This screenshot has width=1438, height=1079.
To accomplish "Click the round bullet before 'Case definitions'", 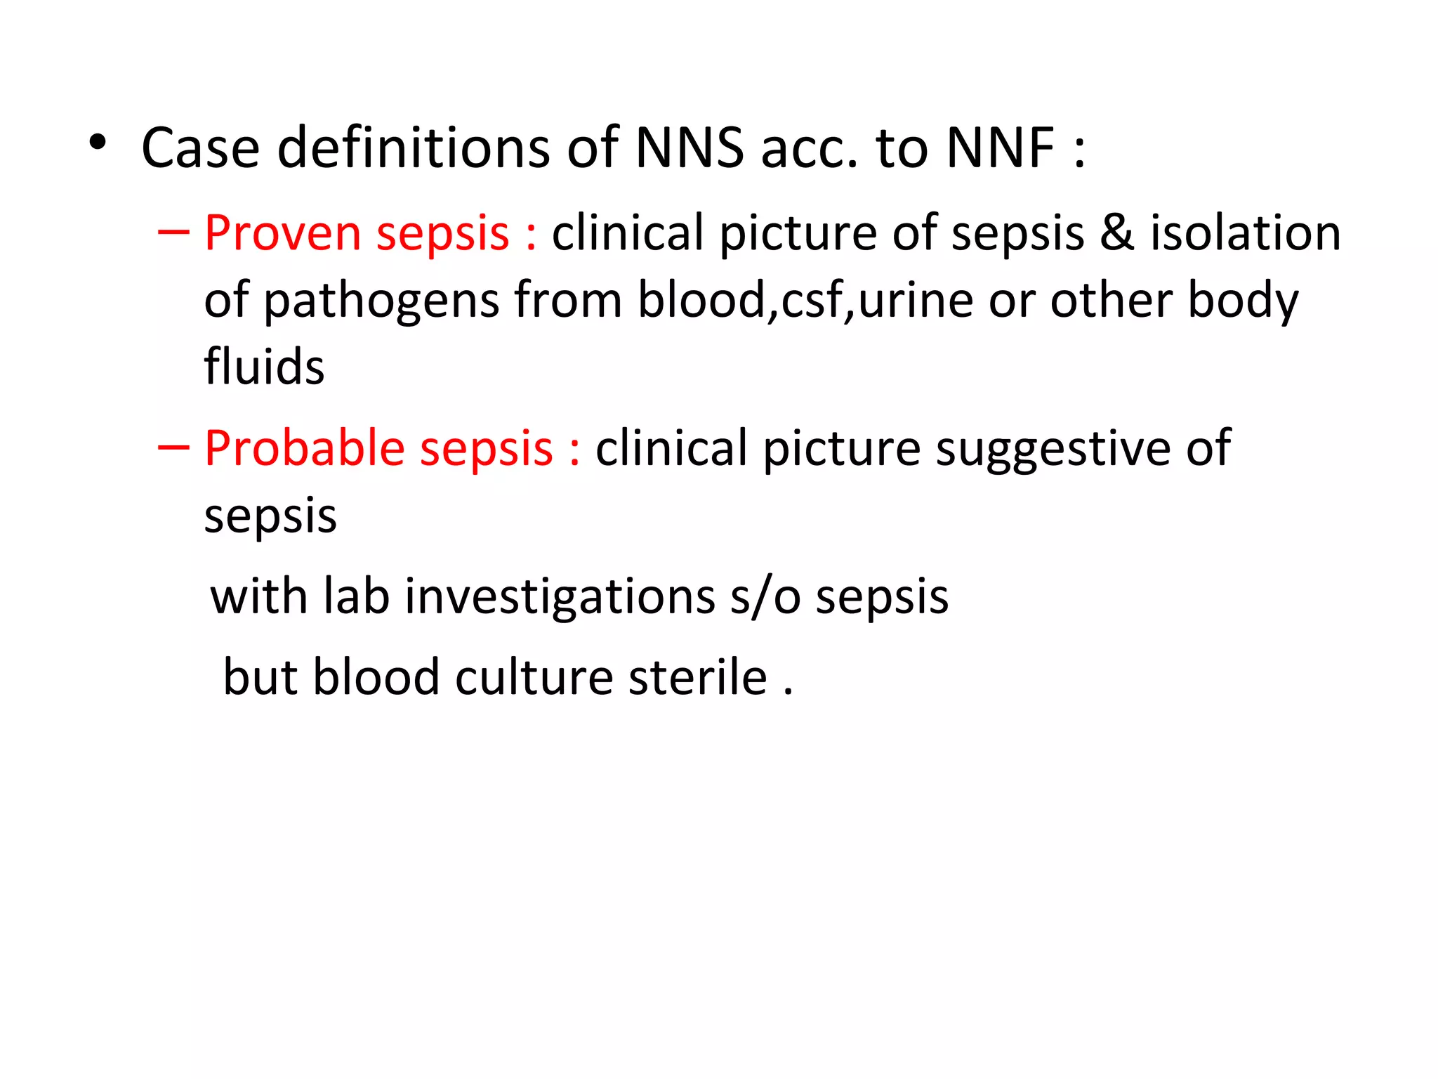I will pyautogui.click(x=98, y=143).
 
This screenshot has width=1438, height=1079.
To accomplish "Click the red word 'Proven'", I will pyautogui.click(x=282, y=233).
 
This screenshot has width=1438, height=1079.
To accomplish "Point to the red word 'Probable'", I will pyautogui.click(x=305, y=448).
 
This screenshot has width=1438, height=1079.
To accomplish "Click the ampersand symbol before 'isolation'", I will pyautogui.click(x=1116, y=233).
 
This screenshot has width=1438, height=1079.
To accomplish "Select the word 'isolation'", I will pyautogui.click(x=1245, y=233).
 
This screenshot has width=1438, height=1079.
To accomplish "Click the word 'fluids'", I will pyautogui.click(x=264, y=367).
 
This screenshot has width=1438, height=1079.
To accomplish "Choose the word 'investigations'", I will pyautogui.click(x=560, y=597).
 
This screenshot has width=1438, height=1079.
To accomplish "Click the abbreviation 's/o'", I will pyautogui.click(x=765, y=597).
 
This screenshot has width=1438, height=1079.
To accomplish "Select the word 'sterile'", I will pyautogui.click(x=697, y=677).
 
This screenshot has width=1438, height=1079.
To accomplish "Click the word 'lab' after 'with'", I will pyautogui.click(x=356, y=597).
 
